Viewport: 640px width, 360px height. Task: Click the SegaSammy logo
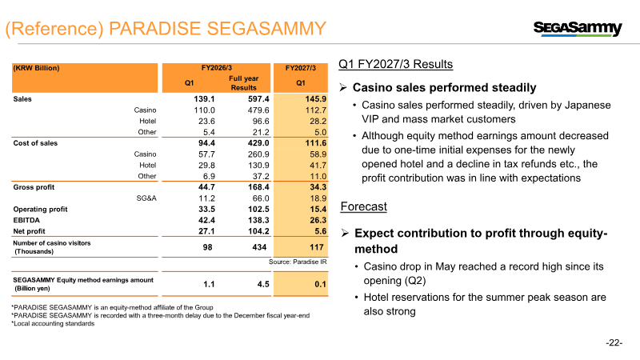click(578, 28)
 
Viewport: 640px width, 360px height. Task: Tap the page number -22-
click(614, 343)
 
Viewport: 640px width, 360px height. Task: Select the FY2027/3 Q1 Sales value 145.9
click(315, 99)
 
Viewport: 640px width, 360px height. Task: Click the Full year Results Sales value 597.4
click(258, 99)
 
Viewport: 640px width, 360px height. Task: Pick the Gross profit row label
click(34, 187)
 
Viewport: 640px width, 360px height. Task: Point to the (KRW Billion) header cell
click(36, 68)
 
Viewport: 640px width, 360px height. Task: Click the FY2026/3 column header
click(216, 68)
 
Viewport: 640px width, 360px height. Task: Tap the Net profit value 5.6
click(321, 231)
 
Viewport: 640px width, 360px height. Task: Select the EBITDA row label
click(26, 221)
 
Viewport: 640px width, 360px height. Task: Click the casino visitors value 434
click(259, 247)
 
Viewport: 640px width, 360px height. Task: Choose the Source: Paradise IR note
click(298, 262)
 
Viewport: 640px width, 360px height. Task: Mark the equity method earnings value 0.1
click(321, 284)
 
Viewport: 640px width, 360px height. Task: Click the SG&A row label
click(146, 198)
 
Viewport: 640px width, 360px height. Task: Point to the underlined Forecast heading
click(364, 206)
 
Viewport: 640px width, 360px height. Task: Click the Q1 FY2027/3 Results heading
click(395, 64)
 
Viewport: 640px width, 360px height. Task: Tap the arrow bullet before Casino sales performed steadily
click(343, 87)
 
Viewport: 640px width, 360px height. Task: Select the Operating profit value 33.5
click(206, 210)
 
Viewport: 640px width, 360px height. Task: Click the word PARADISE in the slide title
click(154, 29)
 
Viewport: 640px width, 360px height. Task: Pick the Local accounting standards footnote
click(53, 324)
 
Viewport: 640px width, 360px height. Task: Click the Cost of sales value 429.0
click(258, 143)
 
